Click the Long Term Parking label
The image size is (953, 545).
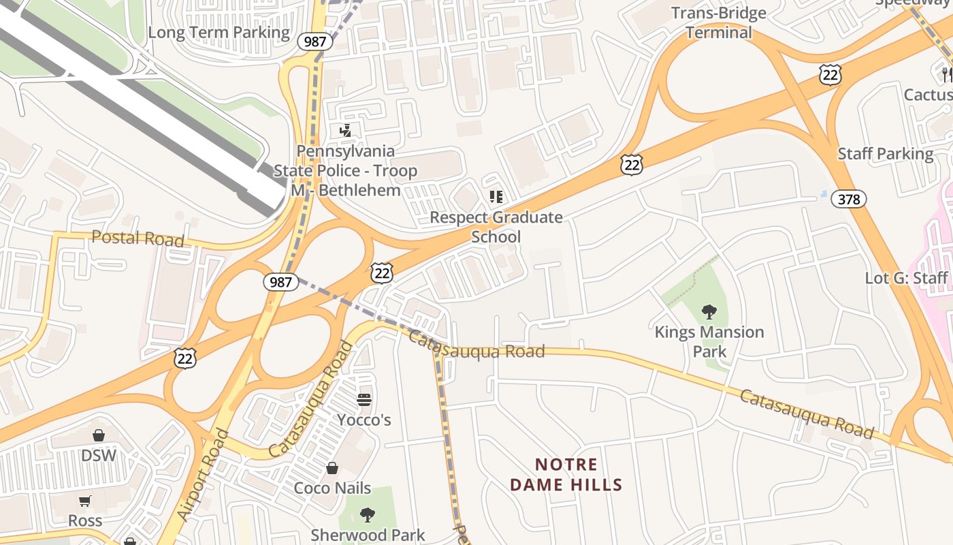click(x=219, y=32)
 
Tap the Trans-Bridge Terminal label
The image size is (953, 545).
click(x=718, y=22)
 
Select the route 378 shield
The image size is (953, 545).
click(x=849, y=199)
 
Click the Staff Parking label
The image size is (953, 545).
click(x=885, y=153)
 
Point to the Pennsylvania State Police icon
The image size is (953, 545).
click(x=345, y=131)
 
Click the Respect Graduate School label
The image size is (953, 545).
click(x=496, y=227)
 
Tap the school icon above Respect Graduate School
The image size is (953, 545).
click(x=496, y=197)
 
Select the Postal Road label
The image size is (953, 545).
click(x=138, y=238)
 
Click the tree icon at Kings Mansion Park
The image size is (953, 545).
click(x=709, y=312)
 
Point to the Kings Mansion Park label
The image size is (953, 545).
click(x=709, y=341)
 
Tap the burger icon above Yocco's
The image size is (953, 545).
click(x=364, y=399)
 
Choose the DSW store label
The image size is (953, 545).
click(x=99, y=455)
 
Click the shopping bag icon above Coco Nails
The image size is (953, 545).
click(x=332, y=468)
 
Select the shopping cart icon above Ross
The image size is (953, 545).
click(x=85, y=501)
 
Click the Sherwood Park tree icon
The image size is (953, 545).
click(x=368, y=514)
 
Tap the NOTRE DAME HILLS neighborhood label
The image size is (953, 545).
click(x=566, y=475)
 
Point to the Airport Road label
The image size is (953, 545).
click(x=203, y=475)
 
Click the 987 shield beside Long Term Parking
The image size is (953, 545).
click(x=315, y=41)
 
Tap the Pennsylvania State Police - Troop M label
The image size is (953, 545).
click(x=345, y=170)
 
